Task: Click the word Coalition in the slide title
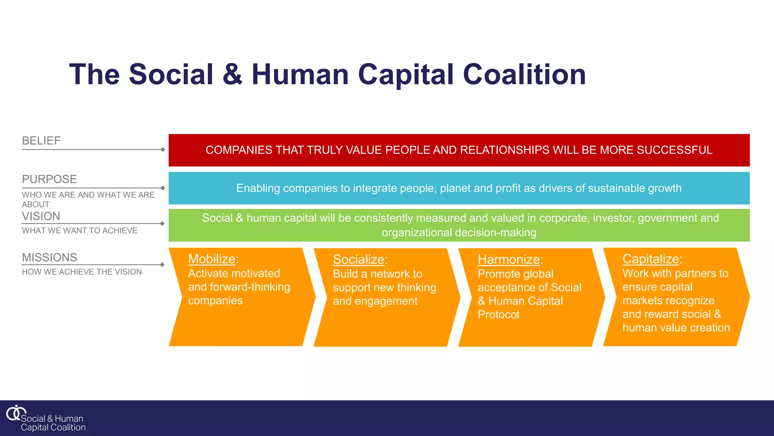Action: pyautogui.click(x=524, y=74)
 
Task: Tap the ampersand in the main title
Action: pyautogui.click(x=232, y=74)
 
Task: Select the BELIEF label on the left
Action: pyautogui.click(x=41, y=141)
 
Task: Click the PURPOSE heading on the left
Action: pyautogui.click(x=50, y=179)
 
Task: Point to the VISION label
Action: pyautogui.click(x=41, y=216)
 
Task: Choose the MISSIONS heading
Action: pyautogui.click(x=50, y=257)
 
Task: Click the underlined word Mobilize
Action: pyautogui.click(x=212, y=259)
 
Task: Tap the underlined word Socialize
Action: pyautogui.click(x=358, y=260)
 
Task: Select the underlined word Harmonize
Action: pyautogui.click(x=509, y=260)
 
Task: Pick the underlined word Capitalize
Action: pyautogui.click(x=650, y=259)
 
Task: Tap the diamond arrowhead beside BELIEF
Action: pyautogui.click(x=163, y=149)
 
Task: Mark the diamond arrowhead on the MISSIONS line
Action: pyautogui.click(x=163, y=265)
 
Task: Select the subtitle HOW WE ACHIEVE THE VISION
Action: pyautogui.click(x=82, y=272)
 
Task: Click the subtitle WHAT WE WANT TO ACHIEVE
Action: pyautogui.click(x=80, y=230)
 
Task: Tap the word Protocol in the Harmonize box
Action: pyautogui.click(x=498, y=315)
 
